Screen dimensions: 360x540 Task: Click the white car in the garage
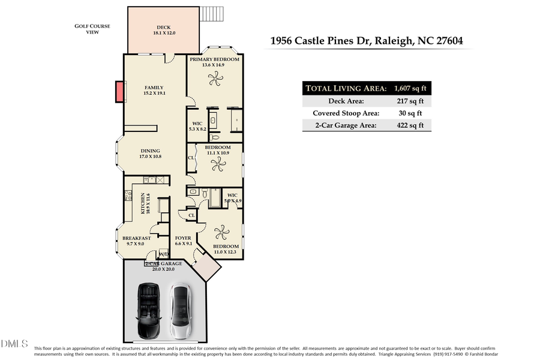180,311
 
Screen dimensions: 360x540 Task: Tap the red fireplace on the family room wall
119,92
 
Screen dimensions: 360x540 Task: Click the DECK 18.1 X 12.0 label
164,30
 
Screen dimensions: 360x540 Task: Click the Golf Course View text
88,29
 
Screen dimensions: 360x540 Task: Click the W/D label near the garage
163,254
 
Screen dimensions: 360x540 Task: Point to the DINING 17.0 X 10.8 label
151,154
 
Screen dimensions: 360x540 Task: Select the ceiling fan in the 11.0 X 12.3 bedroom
223,231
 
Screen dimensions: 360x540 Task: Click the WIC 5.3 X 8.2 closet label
197,126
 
